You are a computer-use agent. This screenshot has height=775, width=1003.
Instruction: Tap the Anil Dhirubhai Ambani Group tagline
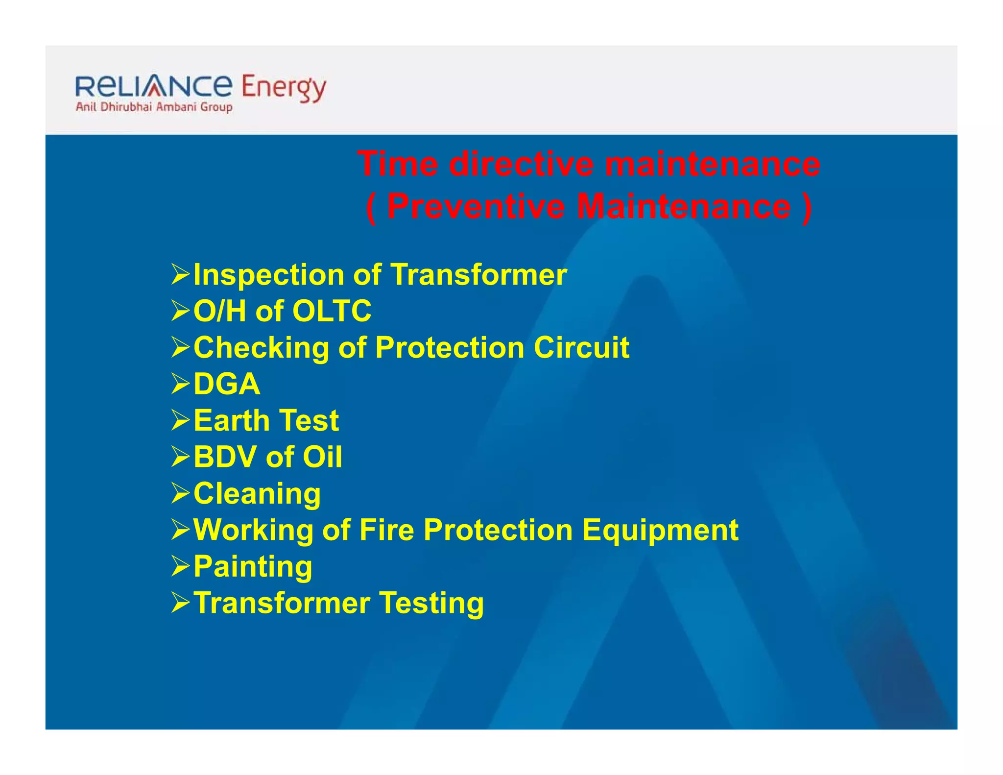(154, 107)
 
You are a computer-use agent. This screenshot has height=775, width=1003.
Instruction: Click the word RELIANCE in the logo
(154, 86)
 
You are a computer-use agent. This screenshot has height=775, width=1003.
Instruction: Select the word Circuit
(581, 347)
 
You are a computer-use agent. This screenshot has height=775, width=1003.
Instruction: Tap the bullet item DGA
(227, 384)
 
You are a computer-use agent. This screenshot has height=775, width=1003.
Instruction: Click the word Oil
(322, 457)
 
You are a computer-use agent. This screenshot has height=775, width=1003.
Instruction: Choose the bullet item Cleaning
(257, 493)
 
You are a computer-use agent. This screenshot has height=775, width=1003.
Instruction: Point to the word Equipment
(660, 531)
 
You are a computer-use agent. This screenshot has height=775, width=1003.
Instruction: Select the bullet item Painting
(253, 567)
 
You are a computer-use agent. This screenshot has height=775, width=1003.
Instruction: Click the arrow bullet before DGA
(180, 384)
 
